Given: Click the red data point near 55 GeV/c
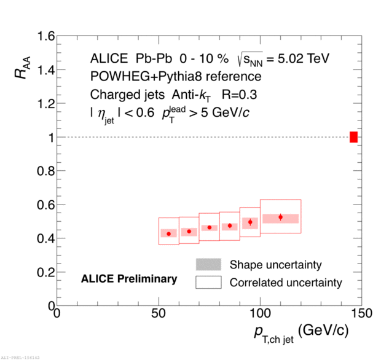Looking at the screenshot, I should [x=169, y=233].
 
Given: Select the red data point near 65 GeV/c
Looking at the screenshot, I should [x=189, y=232].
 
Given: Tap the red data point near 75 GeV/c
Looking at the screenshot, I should [x=210, y=227].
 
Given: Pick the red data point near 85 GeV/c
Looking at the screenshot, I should [x=230, y=225].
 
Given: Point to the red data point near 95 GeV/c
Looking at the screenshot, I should [x=250, y=222].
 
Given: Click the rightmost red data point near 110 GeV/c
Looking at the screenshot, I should [x=280, y=217].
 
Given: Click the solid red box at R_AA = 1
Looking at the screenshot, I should [x=353, y=137].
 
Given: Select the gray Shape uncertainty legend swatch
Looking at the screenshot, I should [x=208, y=265].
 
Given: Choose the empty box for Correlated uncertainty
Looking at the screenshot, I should [x=208, y=283].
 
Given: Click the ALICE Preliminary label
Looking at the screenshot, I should [x=129, y=279].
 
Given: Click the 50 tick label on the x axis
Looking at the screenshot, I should [x=159, y=314].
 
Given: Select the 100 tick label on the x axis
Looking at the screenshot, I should [x=260, y=314].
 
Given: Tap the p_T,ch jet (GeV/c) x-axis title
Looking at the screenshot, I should [x=301, y=332].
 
